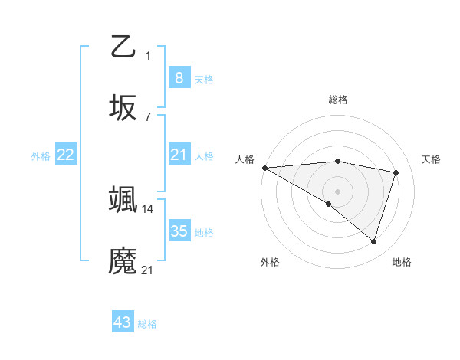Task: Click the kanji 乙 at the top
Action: (x=123, y=47)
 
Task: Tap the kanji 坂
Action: (x=123, y=109)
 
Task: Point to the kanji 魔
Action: (x=123, y=261)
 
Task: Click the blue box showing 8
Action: (x=179, y=78)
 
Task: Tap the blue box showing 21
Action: (x=179, y=155)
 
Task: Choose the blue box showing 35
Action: (x=179, y=231)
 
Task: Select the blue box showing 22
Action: (x=66, y=155)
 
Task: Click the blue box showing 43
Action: (x=123, y=322)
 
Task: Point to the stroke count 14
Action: (x=148, y=208)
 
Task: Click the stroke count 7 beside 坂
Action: (x=148, y=116)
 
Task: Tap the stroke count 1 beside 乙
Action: (x=148, y=55)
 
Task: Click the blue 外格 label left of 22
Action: (x=41, y=156)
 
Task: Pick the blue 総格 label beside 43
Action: (x=148, y=324)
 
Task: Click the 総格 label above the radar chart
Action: (x=337, y=100)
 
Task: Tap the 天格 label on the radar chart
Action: (x=431, y=159)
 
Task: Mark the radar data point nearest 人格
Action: (x=264, y=167)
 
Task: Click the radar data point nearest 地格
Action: (x=373, y=242)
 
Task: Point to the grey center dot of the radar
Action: (x=337, y=191)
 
